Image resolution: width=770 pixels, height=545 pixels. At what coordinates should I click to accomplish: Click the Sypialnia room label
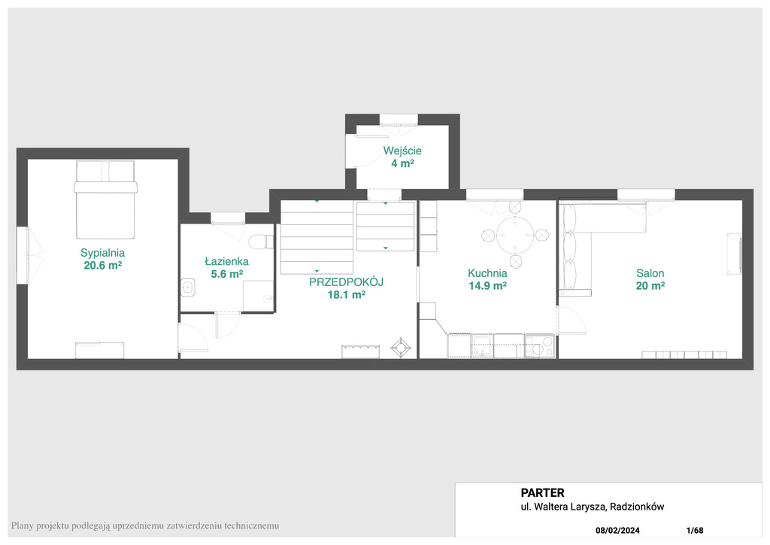(x=102, y=253)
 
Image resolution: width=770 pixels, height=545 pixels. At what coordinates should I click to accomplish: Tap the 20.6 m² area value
(x=102, y=266)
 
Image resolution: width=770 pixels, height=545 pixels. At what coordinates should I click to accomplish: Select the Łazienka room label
(x=226, y=261)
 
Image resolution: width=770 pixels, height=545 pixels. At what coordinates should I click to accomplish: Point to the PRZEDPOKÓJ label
(x=346, y=282)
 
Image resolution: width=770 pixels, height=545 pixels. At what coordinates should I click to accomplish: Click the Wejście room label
(x=402, y=151)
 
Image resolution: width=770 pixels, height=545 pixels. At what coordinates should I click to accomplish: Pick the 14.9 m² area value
(x=487, y=286)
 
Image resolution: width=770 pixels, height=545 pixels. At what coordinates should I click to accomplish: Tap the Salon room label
(x=650, y=273)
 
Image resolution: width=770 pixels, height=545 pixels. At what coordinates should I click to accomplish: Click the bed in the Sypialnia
(x=105, y=199)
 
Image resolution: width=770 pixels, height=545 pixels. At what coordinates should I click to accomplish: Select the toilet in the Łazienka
(x=261, y=242)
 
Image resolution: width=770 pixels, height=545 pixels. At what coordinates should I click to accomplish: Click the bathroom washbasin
(x=187, y=288)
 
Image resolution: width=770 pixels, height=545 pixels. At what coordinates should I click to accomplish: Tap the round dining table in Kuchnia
(x=514, y=236)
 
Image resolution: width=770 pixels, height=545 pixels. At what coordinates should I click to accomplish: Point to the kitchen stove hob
(x=540, y=346)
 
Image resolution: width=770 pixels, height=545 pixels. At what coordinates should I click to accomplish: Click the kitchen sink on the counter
(x=482, y=346)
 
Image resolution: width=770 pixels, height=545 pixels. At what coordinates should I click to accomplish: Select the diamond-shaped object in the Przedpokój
(x=401, y=348)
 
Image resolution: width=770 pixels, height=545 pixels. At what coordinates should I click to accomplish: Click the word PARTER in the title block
(x=543, y=493)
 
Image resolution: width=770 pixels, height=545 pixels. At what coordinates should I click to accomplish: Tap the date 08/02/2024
(x=617, y=531)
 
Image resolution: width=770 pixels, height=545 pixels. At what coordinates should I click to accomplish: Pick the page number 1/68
(x=695, y=531)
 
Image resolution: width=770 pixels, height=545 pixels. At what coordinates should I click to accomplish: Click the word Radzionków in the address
(x=637, y=507)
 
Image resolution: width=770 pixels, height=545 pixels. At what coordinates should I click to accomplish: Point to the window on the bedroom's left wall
(x=23, y=255)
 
